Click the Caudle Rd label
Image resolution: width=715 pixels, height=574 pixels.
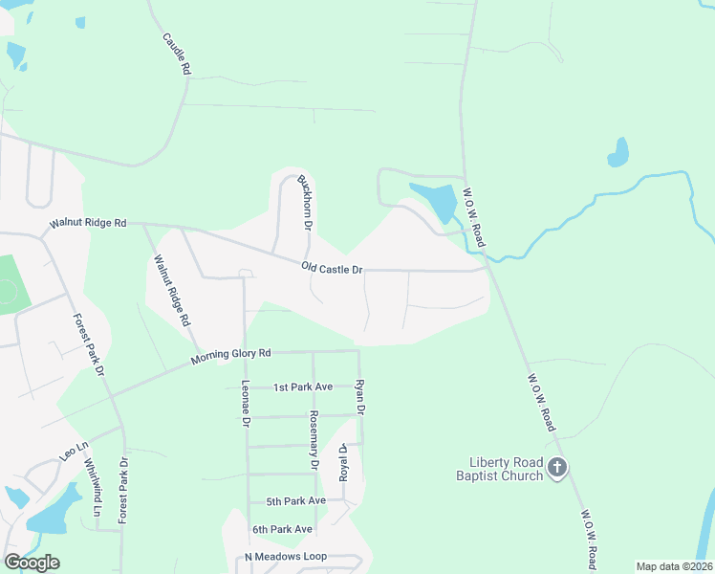pyautogui.click(x=178, y=55)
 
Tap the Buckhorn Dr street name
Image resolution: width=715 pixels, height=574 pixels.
pyautogui.click(x=306, y=203)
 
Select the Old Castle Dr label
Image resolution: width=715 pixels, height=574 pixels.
pyautogui.click(x=332, y=270)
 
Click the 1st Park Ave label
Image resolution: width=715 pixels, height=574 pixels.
pyautogui.click(x=302, y=386)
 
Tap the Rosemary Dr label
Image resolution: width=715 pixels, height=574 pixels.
pyautogui.click(x=313, y=440)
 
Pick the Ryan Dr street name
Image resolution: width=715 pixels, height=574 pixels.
pyautogui.click(x=360, y=396)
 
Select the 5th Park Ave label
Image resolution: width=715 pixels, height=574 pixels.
pyautogui.click(x=296, y=500)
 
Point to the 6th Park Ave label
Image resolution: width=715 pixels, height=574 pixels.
pyautogui.click(x=282, y=529)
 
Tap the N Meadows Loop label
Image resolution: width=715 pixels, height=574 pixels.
pyautogui.click(x=286, y=556)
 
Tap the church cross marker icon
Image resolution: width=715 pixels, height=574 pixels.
pyautogui.click(x=558, y=468)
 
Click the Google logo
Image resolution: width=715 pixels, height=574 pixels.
pyautogui.click(x=32, y=563)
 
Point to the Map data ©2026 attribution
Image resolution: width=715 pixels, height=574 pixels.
pyautogui.click(x=674, y=566)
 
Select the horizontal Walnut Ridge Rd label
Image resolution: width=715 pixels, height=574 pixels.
pyautogui.click(x=88, y=223)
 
